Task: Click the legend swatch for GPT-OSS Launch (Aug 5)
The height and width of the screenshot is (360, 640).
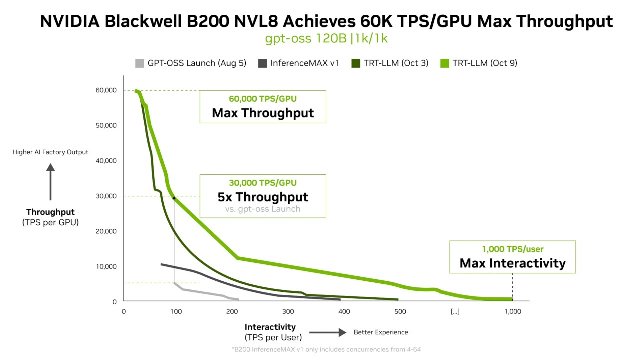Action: [x=140, y=63]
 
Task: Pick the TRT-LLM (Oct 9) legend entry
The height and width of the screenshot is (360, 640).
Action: [x=485, y=63]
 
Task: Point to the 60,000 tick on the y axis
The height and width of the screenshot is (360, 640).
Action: [x=106, y=90]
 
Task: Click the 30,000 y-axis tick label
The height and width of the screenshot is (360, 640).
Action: [x=106, y=196]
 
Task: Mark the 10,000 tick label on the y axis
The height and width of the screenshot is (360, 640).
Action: [x=106, y=267]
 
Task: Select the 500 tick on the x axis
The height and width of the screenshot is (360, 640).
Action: [x=400, y=312]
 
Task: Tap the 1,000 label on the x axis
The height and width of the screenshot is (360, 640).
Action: [x=513, y=312]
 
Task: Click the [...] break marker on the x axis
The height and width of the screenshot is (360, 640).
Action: [x=455, y=312]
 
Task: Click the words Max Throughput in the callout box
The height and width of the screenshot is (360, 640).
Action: [x=263, y=113]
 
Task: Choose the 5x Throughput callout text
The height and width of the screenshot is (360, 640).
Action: [x=263, y=197]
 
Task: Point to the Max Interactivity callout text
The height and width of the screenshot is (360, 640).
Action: [x=512, y=263]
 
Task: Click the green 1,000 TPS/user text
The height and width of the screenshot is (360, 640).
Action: [x=512, y=249]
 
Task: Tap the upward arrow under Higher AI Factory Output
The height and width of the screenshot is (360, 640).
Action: [x=50, y=182]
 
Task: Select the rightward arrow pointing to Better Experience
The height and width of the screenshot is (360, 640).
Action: [x=328, y=332]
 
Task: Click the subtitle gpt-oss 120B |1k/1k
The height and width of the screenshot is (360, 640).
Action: [x=326, y=39]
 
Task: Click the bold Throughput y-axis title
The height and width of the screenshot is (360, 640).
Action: [x=50, y=212]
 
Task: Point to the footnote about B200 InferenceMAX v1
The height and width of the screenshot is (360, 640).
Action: [x=326, y=349]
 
